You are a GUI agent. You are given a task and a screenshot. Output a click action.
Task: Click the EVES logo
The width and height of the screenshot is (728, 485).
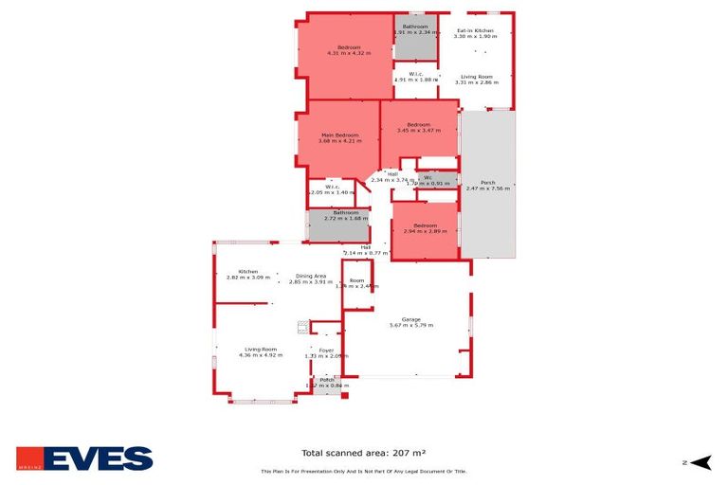coord(84,458)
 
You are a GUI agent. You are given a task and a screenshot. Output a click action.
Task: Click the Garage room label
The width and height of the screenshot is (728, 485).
coord(410,322)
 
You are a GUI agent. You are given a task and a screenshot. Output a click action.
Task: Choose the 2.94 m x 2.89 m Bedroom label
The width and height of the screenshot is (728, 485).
coord(426,228)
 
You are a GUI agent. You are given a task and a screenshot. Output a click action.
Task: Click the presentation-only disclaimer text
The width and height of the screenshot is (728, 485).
coord(363,471)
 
